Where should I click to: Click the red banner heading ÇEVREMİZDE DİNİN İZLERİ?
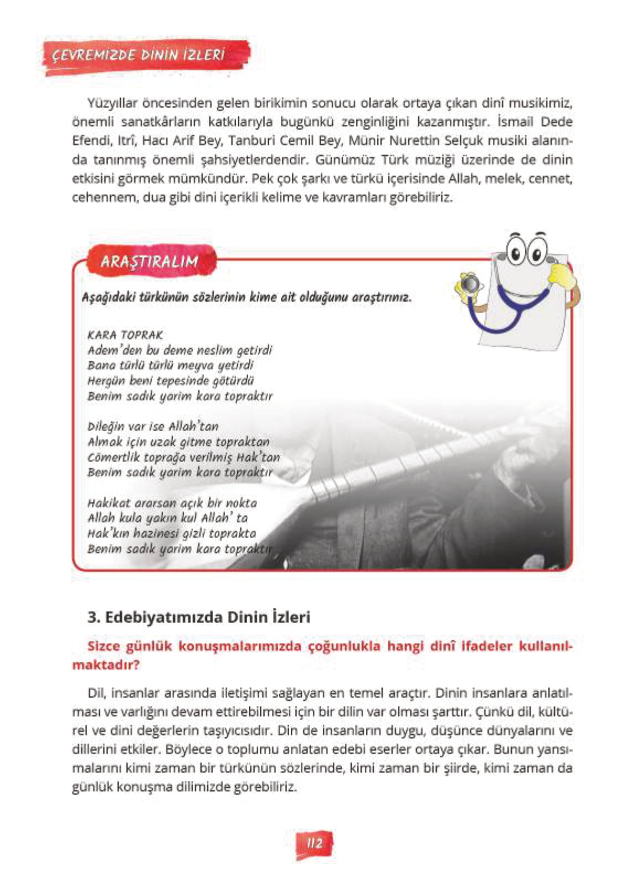138,56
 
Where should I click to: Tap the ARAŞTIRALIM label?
150,261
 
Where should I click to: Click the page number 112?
314,844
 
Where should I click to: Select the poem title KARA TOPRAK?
125,335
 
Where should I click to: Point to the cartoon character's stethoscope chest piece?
471,285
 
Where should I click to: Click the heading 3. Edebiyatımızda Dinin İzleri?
199,617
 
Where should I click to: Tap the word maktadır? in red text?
106,664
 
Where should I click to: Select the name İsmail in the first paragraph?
516,122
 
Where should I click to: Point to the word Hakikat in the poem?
109,503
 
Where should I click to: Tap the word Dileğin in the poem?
106,427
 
